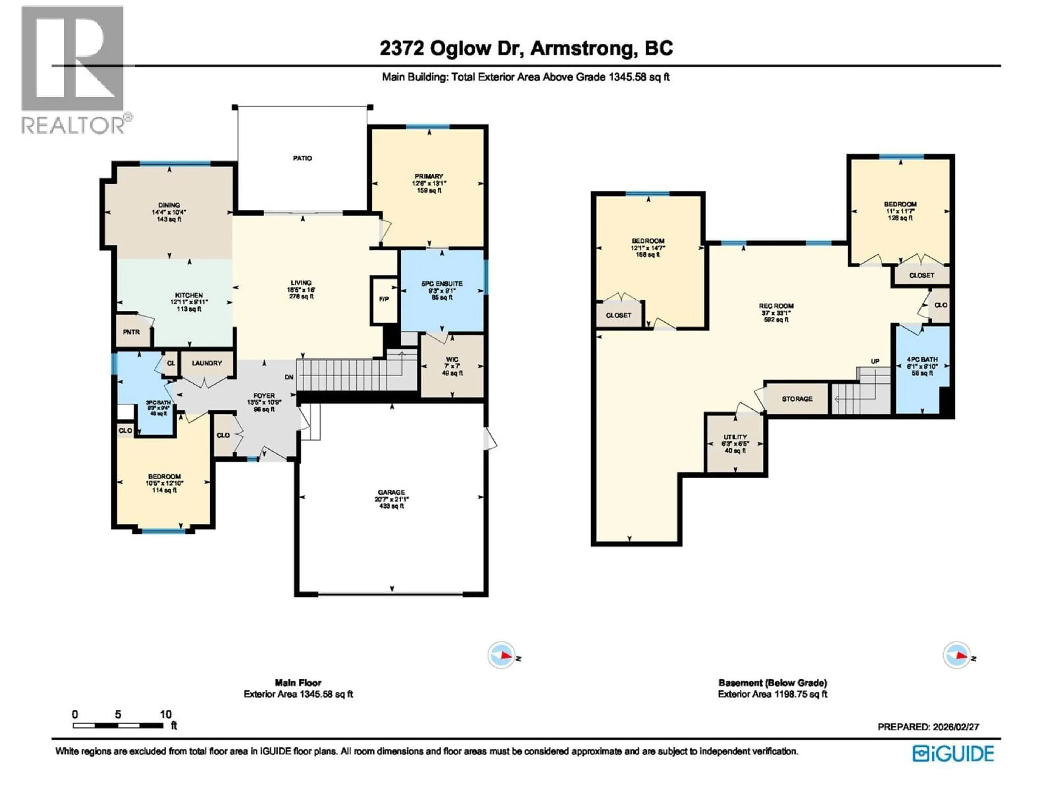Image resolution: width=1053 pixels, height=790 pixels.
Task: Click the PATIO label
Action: [x=302, y=158]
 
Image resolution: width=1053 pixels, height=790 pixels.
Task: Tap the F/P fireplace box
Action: [x=384, y=299]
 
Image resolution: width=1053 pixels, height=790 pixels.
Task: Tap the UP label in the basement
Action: [x=875, y=362]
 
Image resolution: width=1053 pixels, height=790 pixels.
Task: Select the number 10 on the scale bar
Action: [x=165, y=714]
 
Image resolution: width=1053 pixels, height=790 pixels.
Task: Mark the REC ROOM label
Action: [x=776, y=306]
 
